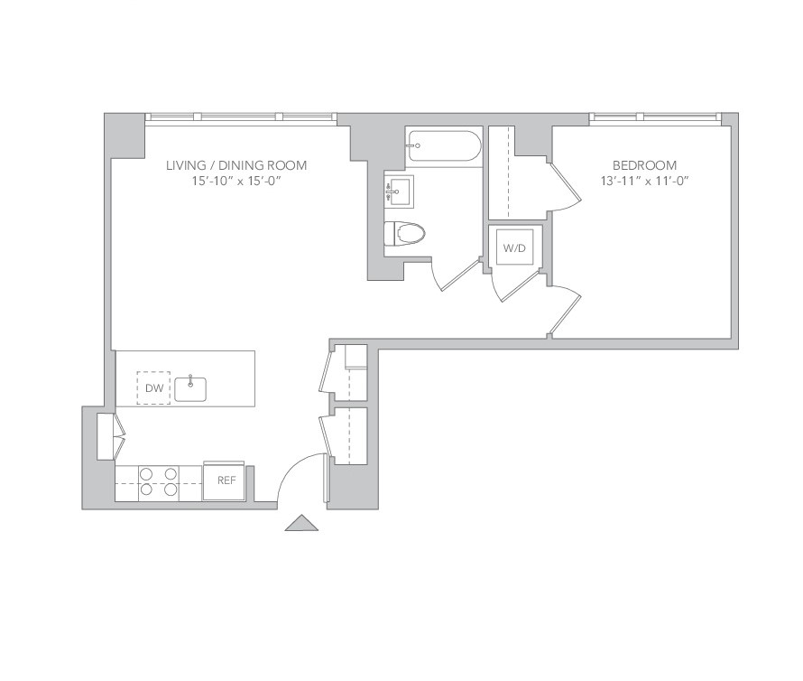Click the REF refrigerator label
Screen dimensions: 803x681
coord(226,480)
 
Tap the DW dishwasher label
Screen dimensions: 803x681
coord(154,388)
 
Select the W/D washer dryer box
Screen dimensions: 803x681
coord(514,248)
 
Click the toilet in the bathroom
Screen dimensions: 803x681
coord(404,233)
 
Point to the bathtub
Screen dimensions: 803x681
coord(444,145)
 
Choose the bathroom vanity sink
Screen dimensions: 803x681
coord(400,191)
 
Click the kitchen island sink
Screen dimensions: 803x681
coord(190,388)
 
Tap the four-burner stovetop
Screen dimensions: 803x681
coord(158,481)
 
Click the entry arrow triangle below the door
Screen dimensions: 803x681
coord(301,523)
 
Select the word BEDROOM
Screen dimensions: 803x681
coord(644,165)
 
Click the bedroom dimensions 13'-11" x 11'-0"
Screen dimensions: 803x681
coord(644,181)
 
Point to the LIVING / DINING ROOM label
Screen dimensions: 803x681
coord(236,165)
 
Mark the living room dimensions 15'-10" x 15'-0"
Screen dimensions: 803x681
coord(236,181)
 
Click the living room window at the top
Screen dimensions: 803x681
coord(241,117)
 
